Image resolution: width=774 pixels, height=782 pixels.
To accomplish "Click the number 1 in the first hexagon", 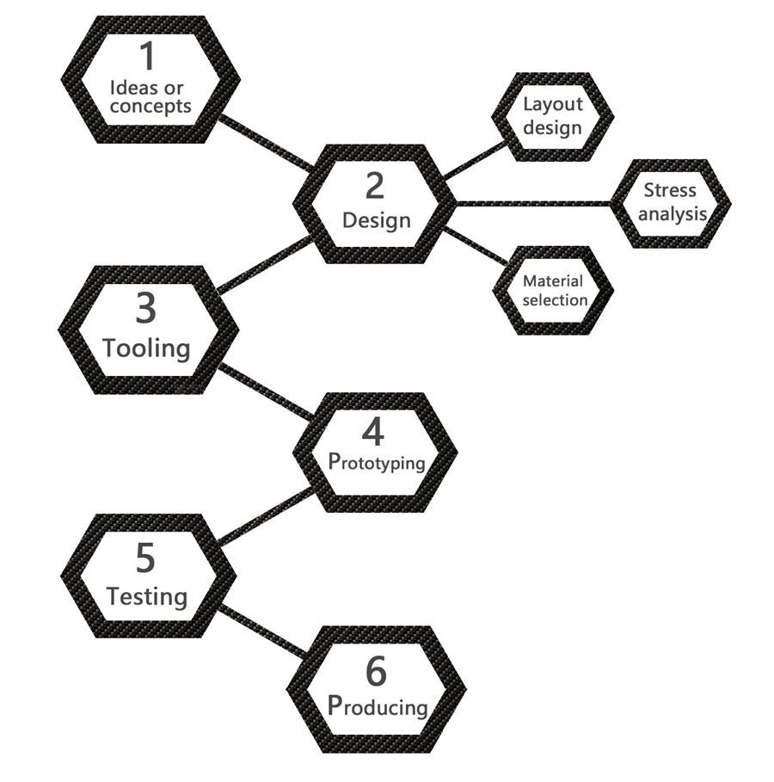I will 148,57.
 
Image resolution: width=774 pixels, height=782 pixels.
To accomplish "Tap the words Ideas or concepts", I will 150,97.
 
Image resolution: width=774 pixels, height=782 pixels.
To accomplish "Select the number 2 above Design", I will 375,186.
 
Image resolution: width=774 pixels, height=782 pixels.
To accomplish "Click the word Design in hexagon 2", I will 377,220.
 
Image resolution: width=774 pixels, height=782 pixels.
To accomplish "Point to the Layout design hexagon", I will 553,116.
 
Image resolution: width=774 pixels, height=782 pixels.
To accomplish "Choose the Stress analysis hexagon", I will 671,203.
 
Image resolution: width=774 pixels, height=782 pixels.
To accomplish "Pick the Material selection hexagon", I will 554,291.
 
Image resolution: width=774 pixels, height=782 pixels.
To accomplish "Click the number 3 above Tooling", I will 146,309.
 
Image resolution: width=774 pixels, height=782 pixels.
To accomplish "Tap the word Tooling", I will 146,348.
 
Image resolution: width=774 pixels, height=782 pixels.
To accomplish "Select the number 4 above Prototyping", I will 373,432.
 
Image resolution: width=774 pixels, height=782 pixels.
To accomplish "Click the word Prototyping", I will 377,462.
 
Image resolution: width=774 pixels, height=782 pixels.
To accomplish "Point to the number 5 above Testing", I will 145,558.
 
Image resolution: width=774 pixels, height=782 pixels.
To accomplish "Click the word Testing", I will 146,595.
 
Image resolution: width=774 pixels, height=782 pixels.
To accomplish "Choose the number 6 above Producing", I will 376,671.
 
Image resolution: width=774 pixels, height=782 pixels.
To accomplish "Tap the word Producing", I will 378,705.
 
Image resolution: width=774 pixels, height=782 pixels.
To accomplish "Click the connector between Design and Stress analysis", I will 533,204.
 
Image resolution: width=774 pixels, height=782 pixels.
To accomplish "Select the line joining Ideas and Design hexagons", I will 265,142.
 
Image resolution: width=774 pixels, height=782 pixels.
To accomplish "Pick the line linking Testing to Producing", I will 262,631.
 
